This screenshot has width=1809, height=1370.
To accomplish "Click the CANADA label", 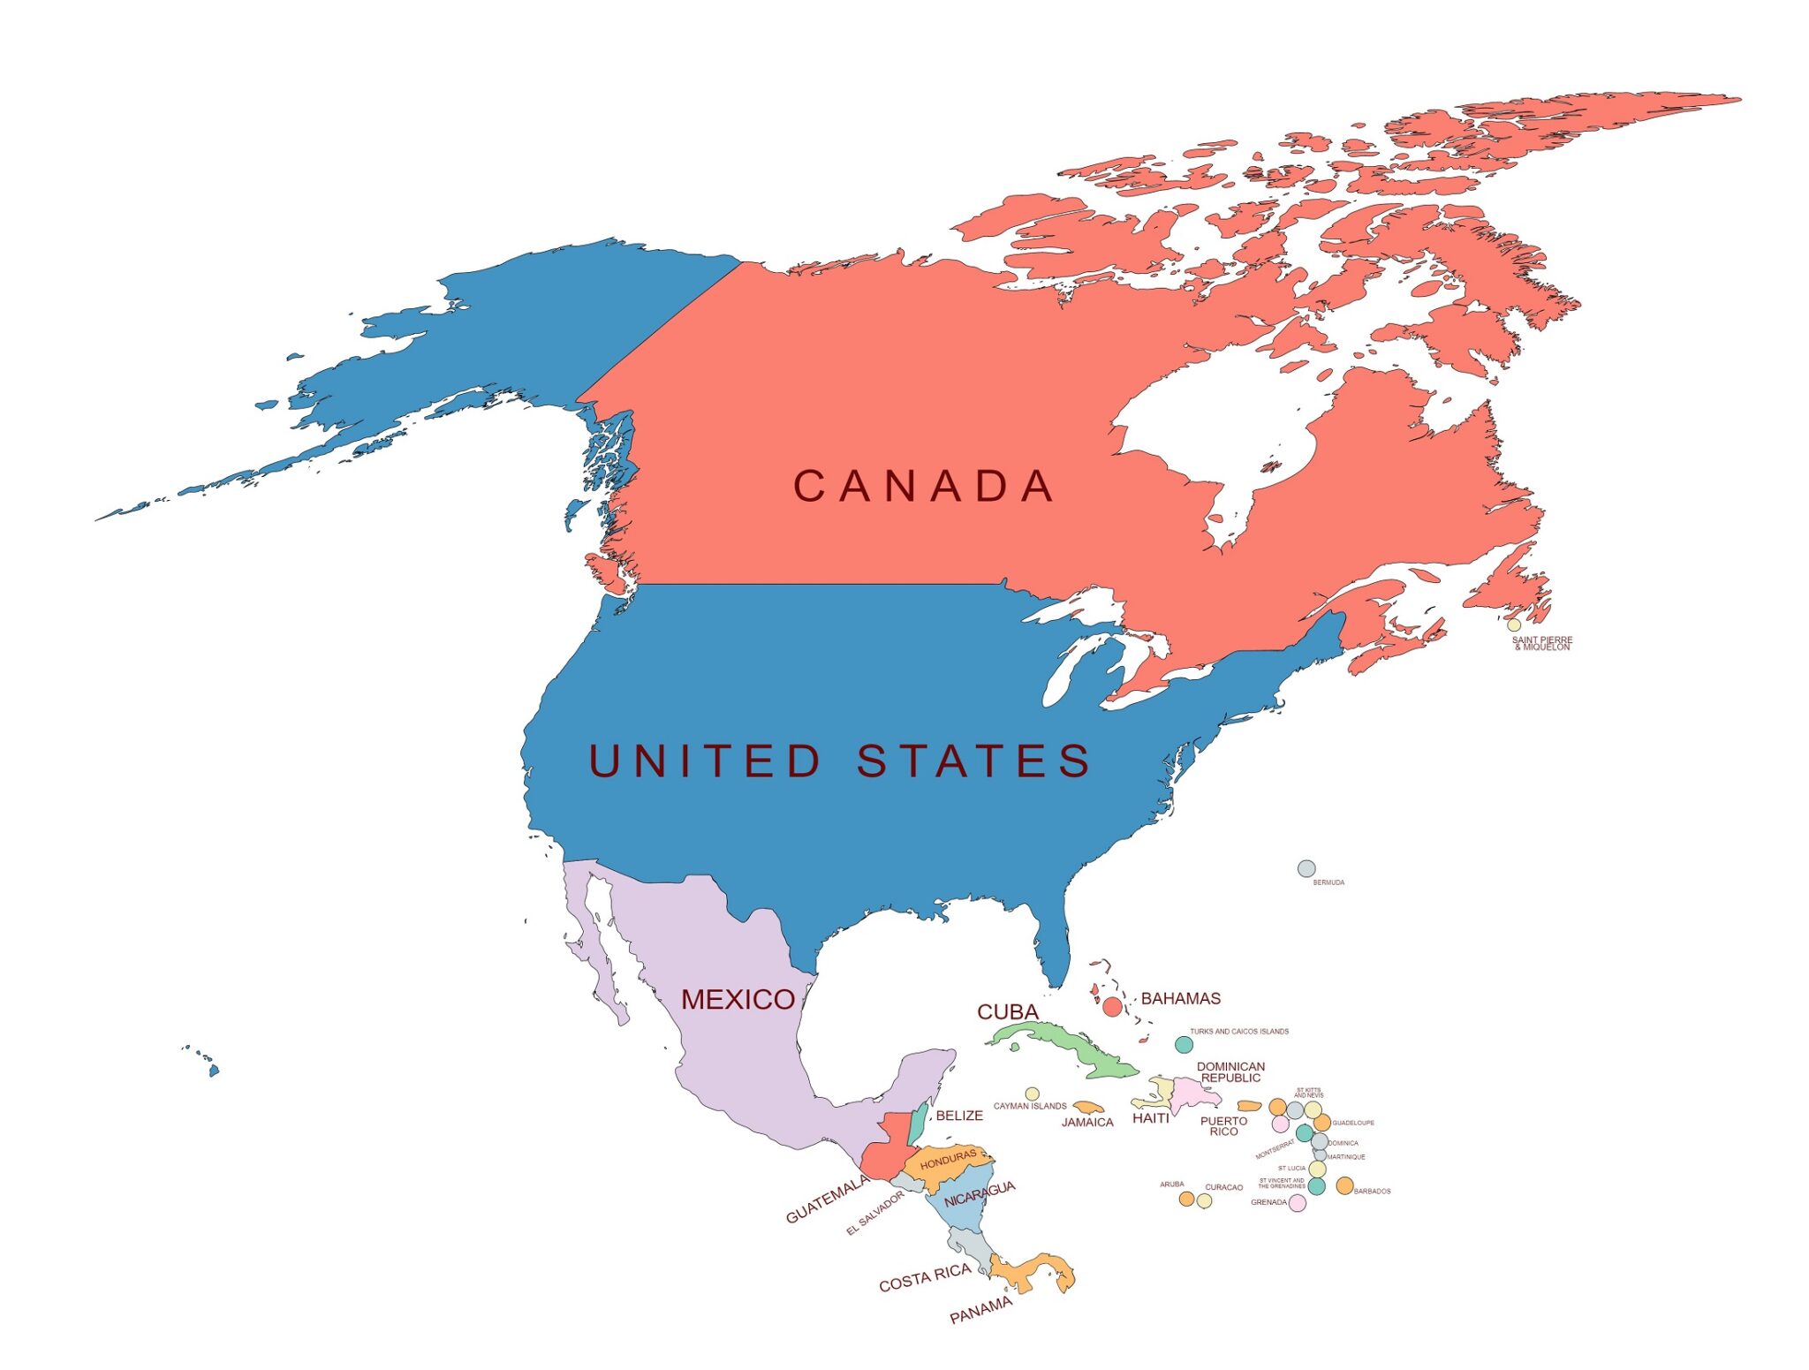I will [923, 486].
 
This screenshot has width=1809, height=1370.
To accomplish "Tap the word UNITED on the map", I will [705, 761].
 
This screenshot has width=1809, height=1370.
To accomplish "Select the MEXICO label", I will [738, 999].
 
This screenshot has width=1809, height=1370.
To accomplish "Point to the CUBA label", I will [1007, 1011].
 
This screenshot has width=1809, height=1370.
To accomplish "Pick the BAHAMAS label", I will [1180, 998].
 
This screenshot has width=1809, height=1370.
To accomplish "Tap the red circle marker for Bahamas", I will [1112, 1006].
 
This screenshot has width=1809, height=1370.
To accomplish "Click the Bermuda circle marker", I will [1306, 868].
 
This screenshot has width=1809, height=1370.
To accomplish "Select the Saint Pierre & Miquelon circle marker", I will [1514, 625].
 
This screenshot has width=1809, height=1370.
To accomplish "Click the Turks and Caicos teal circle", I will [1184, 1044].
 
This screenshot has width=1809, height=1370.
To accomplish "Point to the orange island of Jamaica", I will [1089, 1107].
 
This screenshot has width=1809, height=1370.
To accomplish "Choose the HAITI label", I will [1150, 1118].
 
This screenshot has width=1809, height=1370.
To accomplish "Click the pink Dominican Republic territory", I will [1192, 1094].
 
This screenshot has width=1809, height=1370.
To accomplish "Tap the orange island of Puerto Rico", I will [1249, 1105].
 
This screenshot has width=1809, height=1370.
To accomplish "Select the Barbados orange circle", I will [1344, 1185].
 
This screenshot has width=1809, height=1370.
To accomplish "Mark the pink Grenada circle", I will [1297, 1202].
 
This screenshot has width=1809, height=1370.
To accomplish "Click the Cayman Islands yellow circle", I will [1032, 1094].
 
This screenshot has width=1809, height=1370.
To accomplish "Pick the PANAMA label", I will [980, 1310].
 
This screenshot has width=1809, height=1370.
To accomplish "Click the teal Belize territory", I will [919, 1122].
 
